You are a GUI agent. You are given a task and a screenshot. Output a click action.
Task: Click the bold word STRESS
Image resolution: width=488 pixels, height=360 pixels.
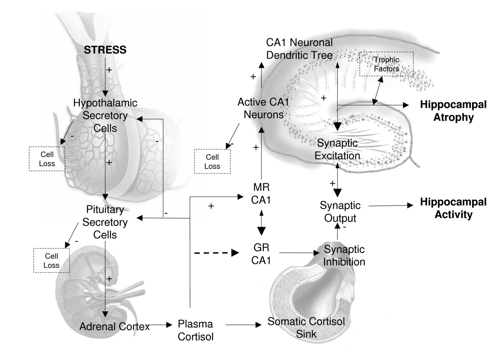(105, 50)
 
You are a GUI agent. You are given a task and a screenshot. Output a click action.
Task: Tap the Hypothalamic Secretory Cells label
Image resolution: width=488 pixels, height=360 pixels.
(105, 115)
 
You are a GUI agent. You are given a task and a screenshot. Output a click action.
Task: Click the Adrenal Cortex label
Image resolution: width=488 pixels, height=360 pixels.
(109, 325)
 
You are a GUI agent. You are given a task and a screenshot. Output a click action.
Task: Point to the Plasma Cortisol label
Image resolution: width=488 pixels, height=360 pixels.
(196, 330)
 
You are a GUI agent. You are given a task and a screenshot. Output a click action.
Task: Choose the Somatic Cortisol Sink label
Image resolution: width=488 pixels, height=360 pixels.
(306, 326)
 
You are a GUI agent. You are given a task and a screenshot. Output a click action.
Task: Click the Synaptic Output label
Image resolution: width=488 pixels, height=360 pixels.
(338, 212)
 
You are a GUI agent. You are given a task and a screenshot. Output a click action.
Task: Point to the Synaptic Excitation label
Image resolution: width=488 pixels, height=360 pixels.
(338, 149)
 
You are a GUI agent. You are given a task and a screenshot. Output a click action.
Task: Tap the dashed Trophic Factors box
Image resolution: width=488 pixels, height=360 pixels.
(386, 64)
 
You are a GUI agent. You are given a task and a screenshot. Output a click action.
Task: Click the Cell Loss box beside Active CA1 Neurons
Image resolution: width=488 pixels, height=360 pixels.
(212, 161)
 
